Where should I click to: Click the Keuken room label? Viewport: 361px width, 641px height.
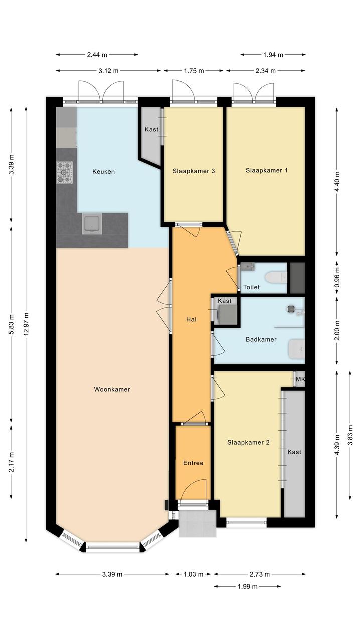point(103,172)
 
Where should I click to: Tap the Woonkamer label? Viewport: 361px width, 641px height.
point(112,389)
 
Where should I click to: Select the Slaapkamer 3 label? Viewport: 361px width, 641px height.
point(194,171)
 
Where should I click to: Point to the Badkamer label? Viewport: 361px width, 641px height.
point(261,339)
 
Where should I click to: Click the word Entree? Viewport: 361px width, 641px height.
point(193,463)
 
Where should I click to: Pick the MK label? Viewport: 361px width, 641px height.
point(300,379)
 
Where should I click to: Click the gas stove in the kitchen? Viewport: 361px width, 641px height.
point(65,172)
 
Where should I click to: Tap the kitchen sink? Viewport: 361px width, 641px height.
point(92,224)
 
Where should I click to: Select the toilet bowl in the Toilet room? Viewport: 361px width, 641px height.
point(276,277)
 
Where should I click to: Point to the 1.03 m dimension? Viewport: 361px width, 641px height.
point(193,574)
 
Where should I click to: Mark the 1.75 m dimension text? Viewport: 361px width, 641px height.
point(194,71)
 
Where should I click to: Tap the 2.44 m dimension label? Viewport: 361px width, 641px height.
point(97,55)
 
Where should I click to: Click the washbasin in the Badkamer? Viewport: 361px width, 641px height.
point(297,349)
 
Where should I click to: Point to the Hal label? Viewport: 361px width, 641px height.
point(191,319)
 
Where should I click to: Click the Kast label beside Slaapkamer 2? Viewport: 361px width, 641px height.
point(294,452)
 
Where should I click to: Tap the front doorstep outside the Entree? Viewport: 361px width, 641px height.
point(198,523)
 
